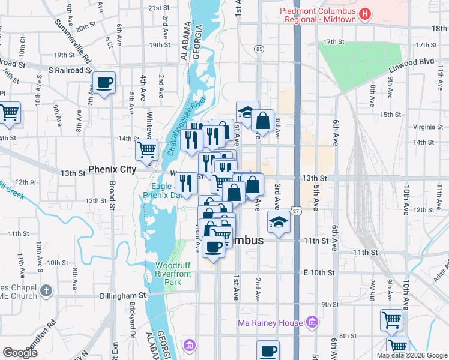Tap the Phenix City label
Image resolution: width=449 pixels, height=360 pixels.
pyautogui.click(x=113, y=170)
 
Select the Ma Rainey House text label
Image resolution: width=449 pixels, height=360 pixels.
pyautogui.click(x=270, y=323)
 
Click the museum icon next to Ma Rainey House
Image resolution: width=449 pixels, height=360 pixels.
pyautogui.click(x=312, y=323)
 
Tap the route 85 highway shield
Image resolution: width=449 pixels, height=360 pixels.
pyautogui.click(x=259, y=49)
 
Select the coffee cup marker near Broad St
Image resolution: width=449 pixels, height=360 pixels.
pyautogui.click(x=104, y=82)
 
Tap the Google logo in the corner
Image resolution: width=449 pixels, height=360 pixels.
pyautogui.click(x=20, y=353)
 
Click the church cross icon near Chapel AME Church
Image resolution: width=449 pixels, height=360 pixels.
pyautogui.click(x=46, y=292)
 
